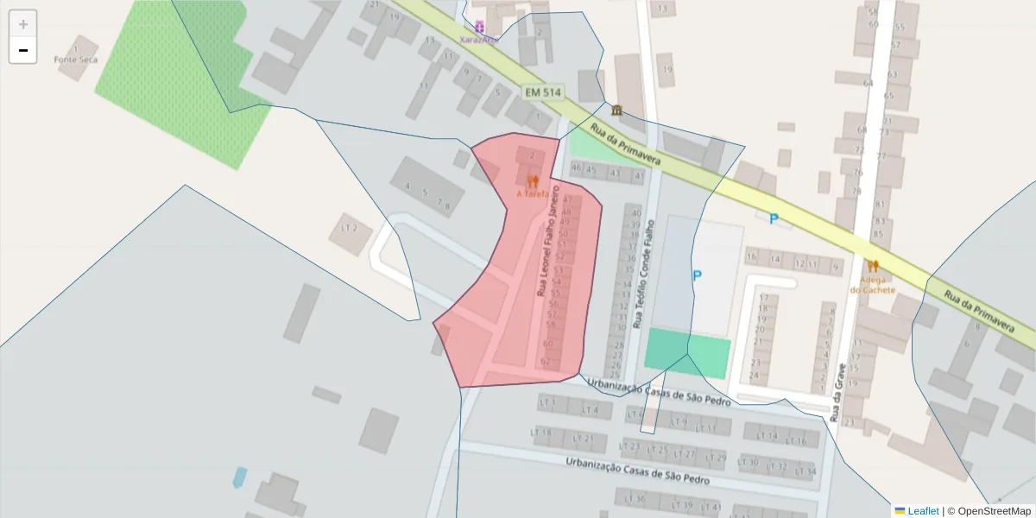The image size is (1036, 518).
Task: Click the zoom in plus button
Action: pos(22,24)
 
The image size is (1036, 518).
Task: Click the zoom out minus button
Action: pos(22,50)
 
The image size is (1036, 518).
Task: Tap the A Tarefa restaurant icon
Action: pos(532,181)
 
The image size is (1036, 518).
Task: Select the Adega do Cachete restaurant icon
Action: pos(872,267)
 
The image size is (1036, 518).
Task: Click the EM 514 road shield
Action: pos(542,92)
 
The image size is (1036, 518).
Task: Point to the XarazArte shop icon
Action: pos(479,27)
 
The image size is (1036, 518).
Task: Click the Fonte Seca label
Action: pos(76,60)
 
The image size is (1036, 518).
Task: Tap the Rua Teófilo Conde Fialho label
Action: pos(645,274)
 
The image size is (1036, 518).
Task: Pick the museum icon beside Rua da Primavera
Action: pos(616,111)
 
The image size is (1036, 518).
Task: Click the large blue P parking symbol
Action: pos(697,275)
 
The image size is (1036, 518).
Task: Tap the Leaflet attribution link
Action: pos(923,511)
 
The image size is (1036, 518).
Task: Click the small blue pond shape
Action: pos(239,476)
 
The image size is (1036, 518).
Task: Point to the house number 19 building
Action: pos(666,70)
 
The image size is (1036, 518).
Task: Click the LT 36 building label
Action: pos(637,499)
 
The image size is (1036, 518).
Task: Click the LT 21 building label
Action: pos(584,439)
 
